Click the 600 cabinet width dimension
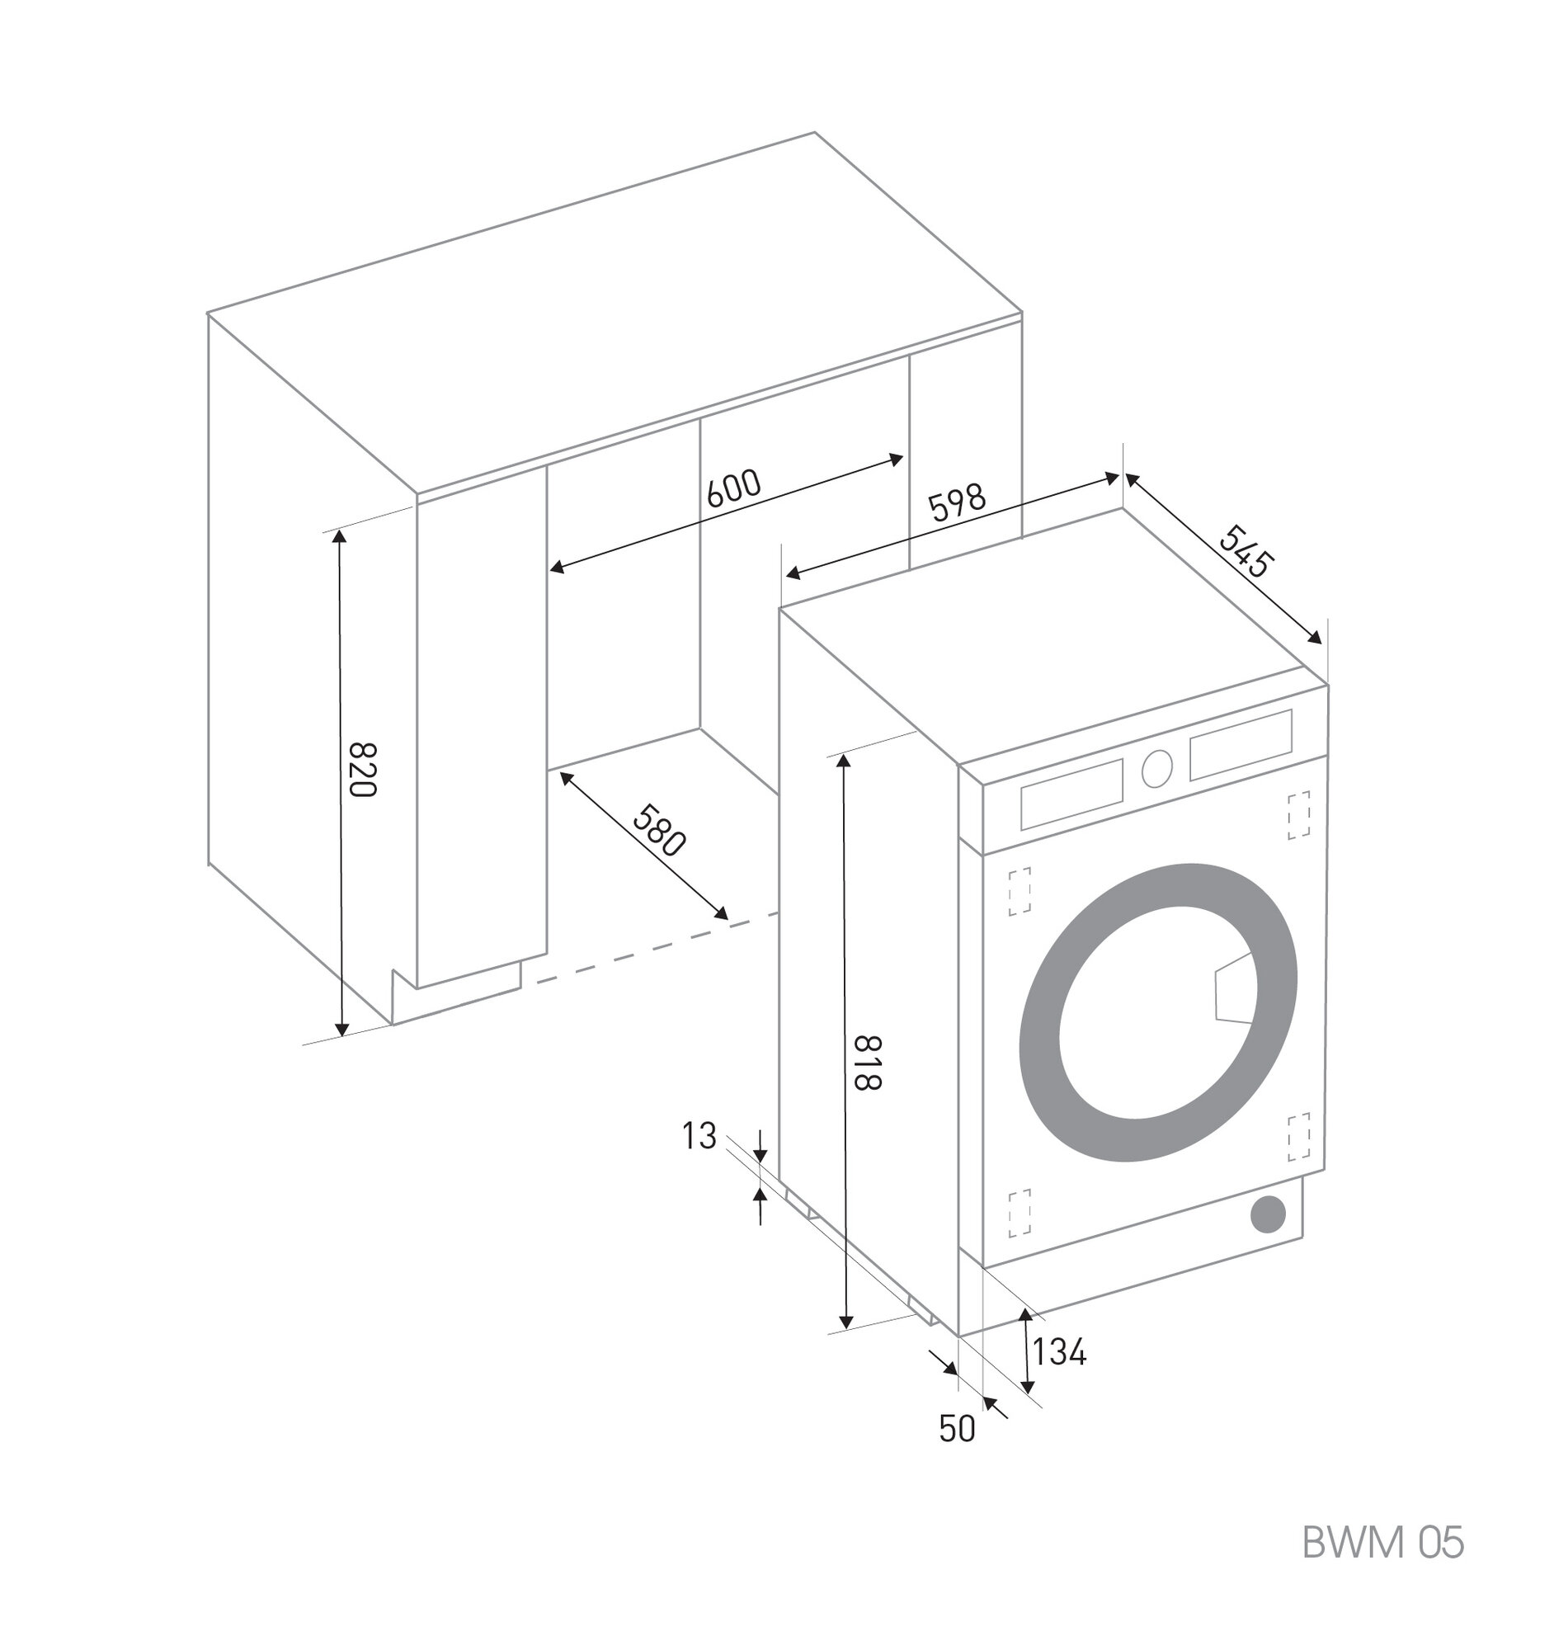click(733, 489)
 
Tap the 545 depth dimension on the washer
click(1244, 551)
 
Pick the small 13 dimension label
click(699, 1135)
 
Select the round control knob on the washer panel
click(1156, 770)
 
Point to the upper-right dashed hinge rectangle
click(1298, 815)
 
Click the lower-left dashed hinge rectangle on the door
click(1020, 1214)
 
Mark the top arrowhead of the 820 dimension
click(338, 537)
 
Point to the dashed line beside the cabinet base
click(656, 948)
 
